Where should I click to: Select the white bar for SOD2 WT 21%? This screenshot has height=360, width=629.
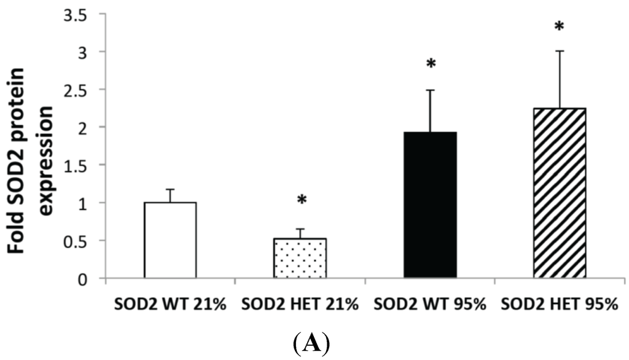pos(170,240)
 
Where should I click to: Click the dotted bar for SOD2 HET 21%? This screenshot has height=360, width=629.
pos(300,258)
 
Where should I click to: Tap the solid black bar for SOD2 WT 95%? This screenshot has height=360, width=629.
pos(431,205)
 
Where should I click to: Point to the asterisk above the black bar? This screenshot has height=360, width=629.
pos(431,64)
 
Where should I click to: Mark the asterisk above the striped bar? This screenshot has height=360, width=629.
pos(559,27)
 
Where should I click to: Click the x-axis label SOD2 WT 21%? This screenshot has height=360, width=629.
pos(170,305)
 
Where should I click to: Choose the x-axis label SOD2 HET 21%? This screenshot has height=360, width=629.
pos(300,305)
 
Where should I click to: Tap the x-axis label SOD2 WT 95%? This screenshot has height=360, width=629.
pos(431,305)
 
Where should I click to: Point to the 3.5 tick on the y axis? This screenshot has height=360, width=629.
pos(83,13)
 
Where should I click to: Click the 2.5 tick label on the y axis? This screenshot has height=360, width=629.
pos(83,89)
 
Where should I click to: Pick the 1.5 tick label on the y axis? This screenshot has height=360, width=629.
pos(83,165)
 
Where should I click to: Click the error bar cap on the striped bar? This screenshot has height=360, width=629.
pos(560,51)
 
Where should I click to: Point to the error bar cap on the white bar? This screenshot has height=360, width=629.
pos(170,189)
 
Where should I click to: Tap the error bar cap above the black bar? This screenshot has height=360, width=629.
pos(431,90)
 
